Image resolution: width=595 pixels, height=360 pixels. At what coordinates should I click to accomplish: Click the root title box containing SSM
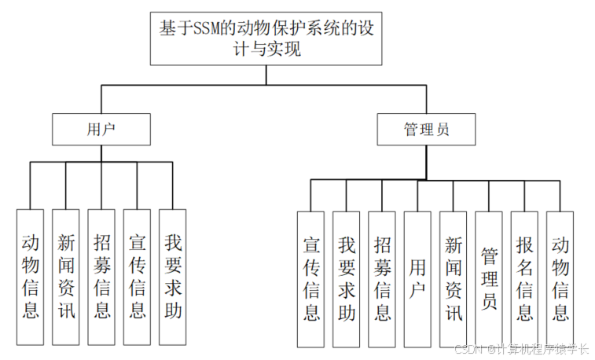tap(266, 39)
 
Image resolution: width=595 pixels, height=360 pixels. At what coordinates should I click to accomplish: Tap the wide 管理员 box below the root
tap(426, 129)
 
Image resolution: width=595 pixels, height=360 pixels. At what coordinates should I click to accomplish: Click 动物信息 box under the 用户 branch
tap(31, 277)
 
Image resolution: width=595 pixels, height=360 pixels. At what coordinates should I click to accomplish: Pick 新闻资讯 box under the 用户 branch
tap(66, 277)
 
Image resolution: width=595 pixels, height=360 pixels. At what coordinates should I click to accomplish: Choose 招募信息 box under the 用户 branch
tap(102, 277)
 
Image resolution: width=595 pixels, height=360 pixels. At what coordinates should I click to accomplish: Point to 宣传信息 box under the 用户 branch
tap(138, 277)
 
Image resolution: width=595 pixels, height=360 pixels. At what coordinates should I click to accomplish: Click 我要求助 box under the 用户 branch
tap(173, 277)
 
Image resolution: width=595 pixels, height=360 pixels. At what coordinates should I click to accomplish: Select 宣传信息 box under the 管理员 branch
tap(310, 279)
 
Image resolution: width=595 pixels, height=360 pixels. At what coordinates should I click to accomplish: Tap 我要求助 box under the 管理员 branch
tap(346, 279)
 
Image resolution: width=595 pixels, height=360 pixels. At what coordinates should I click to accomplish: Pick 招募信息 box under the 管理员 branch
tap(382, 279)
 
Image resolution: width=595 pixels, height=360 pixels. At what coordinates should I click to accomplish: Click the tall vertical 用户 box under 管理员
tap(417, 279)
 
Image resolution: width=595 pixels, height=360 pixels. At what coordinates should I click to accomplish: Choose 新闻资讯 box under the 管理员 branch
tap(453, 279)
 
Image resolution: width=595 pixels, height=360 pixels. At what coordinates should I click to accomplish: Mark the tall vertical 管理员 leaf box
tap(489, 279)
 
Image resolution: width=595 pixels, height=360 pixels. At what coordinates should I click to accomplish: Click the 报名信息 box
tap(524, 279)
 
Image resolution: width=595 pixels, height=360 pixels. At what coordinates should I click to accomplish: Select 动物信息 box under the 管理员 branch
tap(560, 279)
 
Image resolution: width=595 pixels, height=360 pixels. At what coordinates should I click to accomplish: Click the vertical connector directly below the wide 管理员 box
tap(426, 162)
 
